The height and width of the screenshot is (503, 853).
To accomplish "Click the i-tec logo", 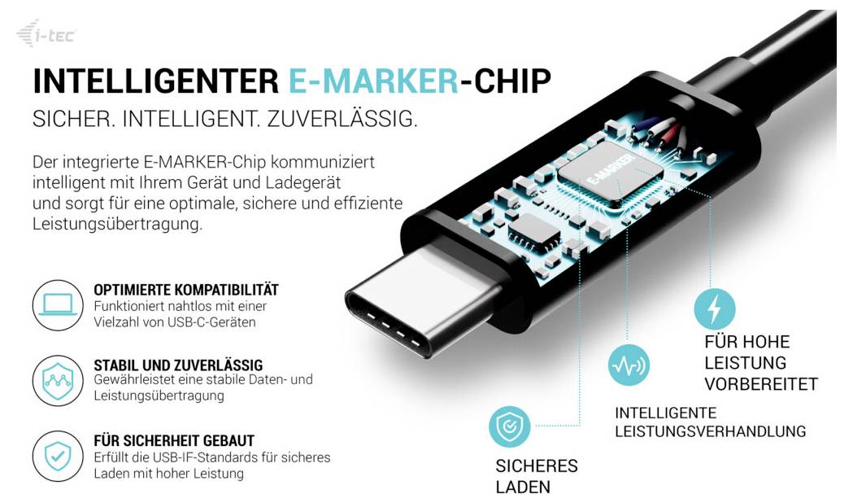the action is click(46, 33).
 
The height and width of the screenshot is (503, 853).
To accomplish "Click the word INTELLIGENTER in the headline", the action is click(155, 81).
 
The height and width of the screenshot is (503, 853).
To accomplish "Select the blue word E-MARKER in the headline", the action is click(373, 81).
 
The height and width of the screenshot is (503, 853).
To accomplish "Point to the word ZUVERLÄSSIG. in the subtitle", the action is click(342, 119).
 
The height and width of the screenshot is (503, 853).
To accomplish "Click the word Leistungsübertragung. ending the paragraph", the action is click(118, 225).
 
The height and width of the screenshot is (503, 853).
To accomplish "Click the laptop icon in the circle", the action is click(58, 305).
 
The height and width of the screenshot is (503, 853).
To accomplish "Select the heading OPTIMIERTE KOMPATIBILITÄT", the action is click(186, 290).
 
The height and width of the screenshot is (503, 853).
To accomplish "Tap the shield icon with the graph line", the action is click(58, 381).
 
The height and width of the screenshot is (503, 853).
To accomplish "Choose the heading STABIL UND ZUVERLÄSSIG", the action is click(178, 365).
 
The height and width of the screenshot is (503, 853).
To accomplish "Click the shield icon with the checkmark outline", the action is click(58, 456).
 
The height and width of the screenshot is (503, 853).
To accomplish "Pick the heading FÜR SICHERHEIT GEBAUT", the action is click(174, 440).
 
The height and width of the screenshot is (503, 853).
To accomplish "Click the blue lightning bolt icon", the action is click(714, 308).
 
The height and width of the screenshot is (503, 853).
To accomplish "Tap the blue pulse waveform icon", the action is click(629, 365).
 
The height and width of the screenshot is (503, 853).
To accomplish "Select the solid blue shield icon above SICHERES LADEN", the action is click(509, 426).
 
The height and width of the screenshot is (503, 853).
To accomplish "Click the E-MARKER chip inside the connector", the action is click(611, 173).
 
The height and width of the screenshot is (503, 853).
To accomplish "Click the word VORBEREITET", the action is click(761, 384).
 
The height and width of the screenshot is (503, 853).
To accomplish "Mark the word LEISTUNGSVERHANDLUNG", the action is click(711, 431).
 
